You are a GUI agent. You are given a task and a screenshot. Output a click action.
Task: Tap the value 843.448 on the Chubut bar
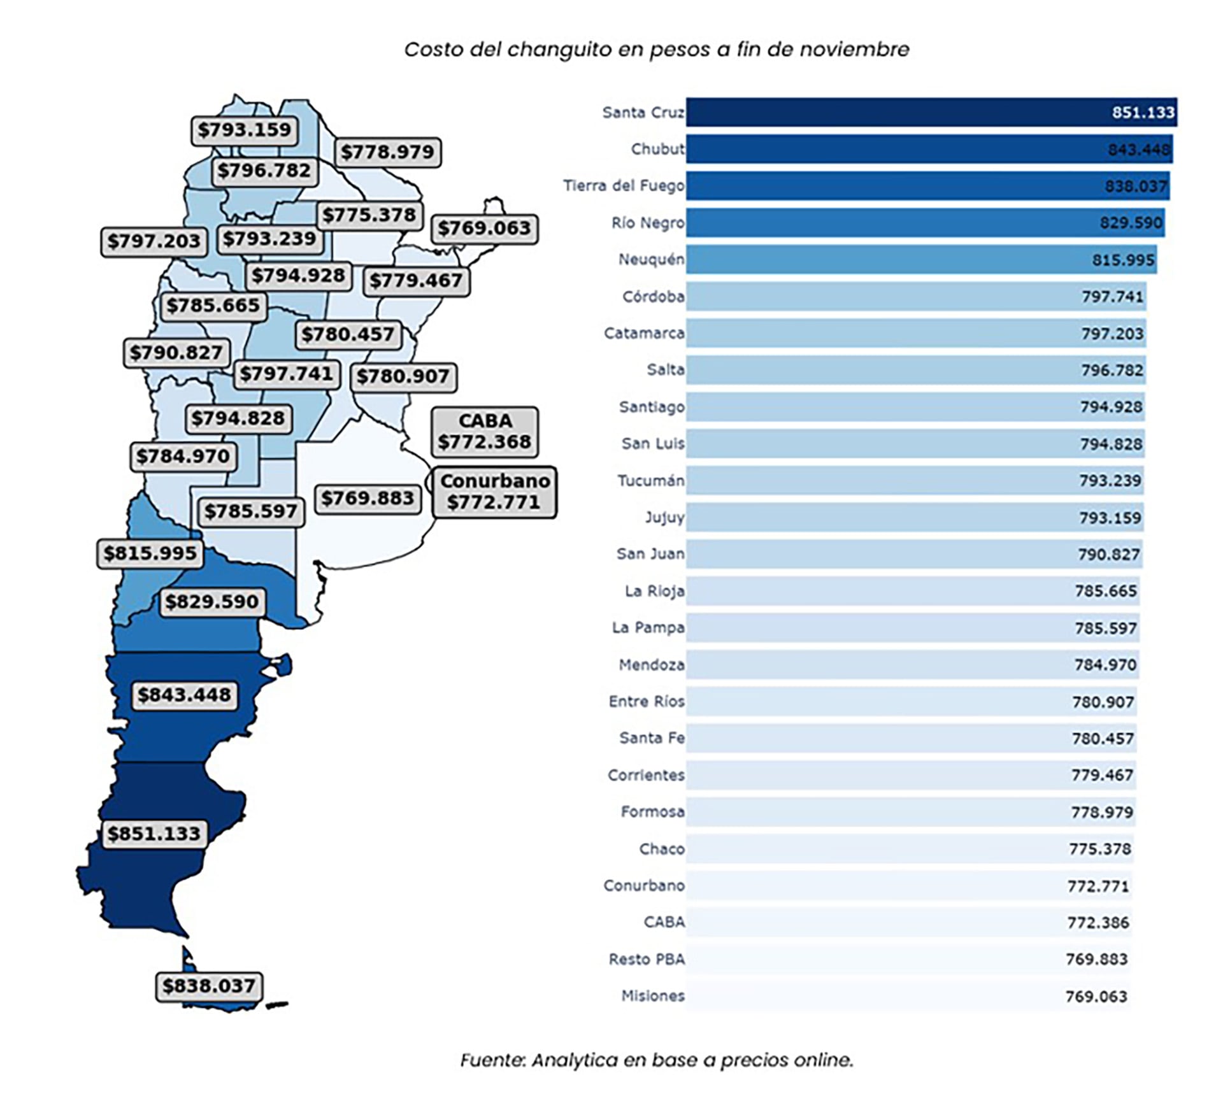click(1138, 150)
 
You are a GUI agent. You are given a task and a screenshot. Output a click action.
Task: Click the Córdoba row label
click(653, 297)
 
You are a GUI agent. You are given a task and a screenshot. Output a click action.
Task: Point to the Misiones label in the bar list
click(653, 996)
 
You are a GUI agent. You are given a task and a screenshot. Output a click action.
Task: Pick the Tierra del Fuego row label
click(623, 186)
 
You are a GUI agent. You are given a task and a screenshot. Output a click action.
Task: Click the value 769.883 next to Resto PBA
click(1096, 959)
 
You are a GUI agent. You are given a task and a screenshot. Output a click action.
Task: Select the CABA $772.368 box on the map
click(485, 432)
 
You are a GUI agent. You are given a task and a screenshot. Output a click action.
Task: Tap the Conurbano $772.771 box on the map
click(494, 492)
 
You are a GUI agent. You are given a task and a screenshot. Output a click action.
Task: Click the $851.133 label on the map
click(154, 833)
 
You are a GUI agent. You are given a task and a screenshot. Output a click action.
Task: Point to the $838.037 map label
click(209, 986)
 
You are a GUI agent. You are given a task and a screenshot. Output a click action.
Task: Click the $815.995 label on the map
click(150, 553)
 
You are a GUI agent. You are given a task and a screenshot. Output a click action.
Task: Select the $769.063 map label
click(484, 228)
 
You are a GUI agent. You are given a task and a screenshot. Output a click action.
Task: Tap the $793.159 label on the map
click(244, 130)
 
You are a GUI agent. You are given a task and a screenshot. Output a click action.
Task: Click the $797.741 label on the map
click(286, 373)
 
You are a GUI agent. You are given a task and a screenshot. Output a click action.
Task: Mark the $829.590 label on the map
click(211, 601)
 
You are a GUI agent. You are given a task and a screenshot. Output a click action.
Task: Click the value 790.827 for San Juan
click(1108, 555)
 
